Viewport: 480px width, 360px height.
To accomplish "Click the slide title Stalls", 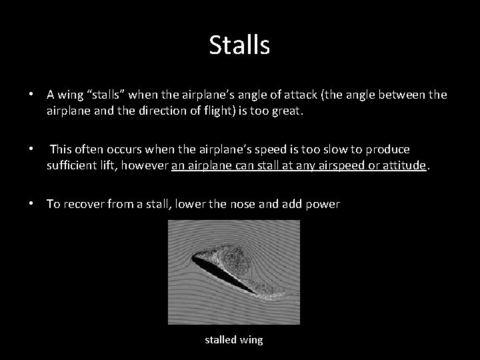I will tap(239, 45).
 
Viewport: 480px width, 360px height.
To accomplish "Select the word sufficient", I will tap(71, 166).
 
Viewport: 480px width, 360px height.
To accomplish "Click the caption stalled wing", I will tap(233, 340).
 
